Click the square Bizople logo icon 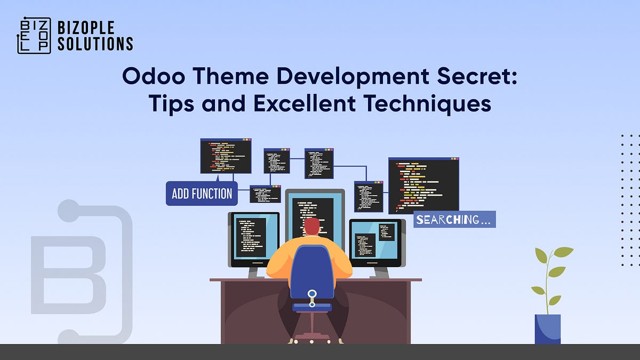tap(34, 36)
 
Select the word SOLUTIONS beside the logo tap(95, 44)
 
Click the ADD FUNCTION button tap(202, 193)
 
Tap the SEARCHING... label tap(454, 219)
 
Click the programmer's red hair tap(312, 226)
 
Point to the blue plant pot tap(548, 329)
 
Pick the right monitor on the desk tap(375, 242)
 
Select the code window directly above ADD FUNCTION tap(226, 156)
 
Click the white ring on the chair tap(312, 293)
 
